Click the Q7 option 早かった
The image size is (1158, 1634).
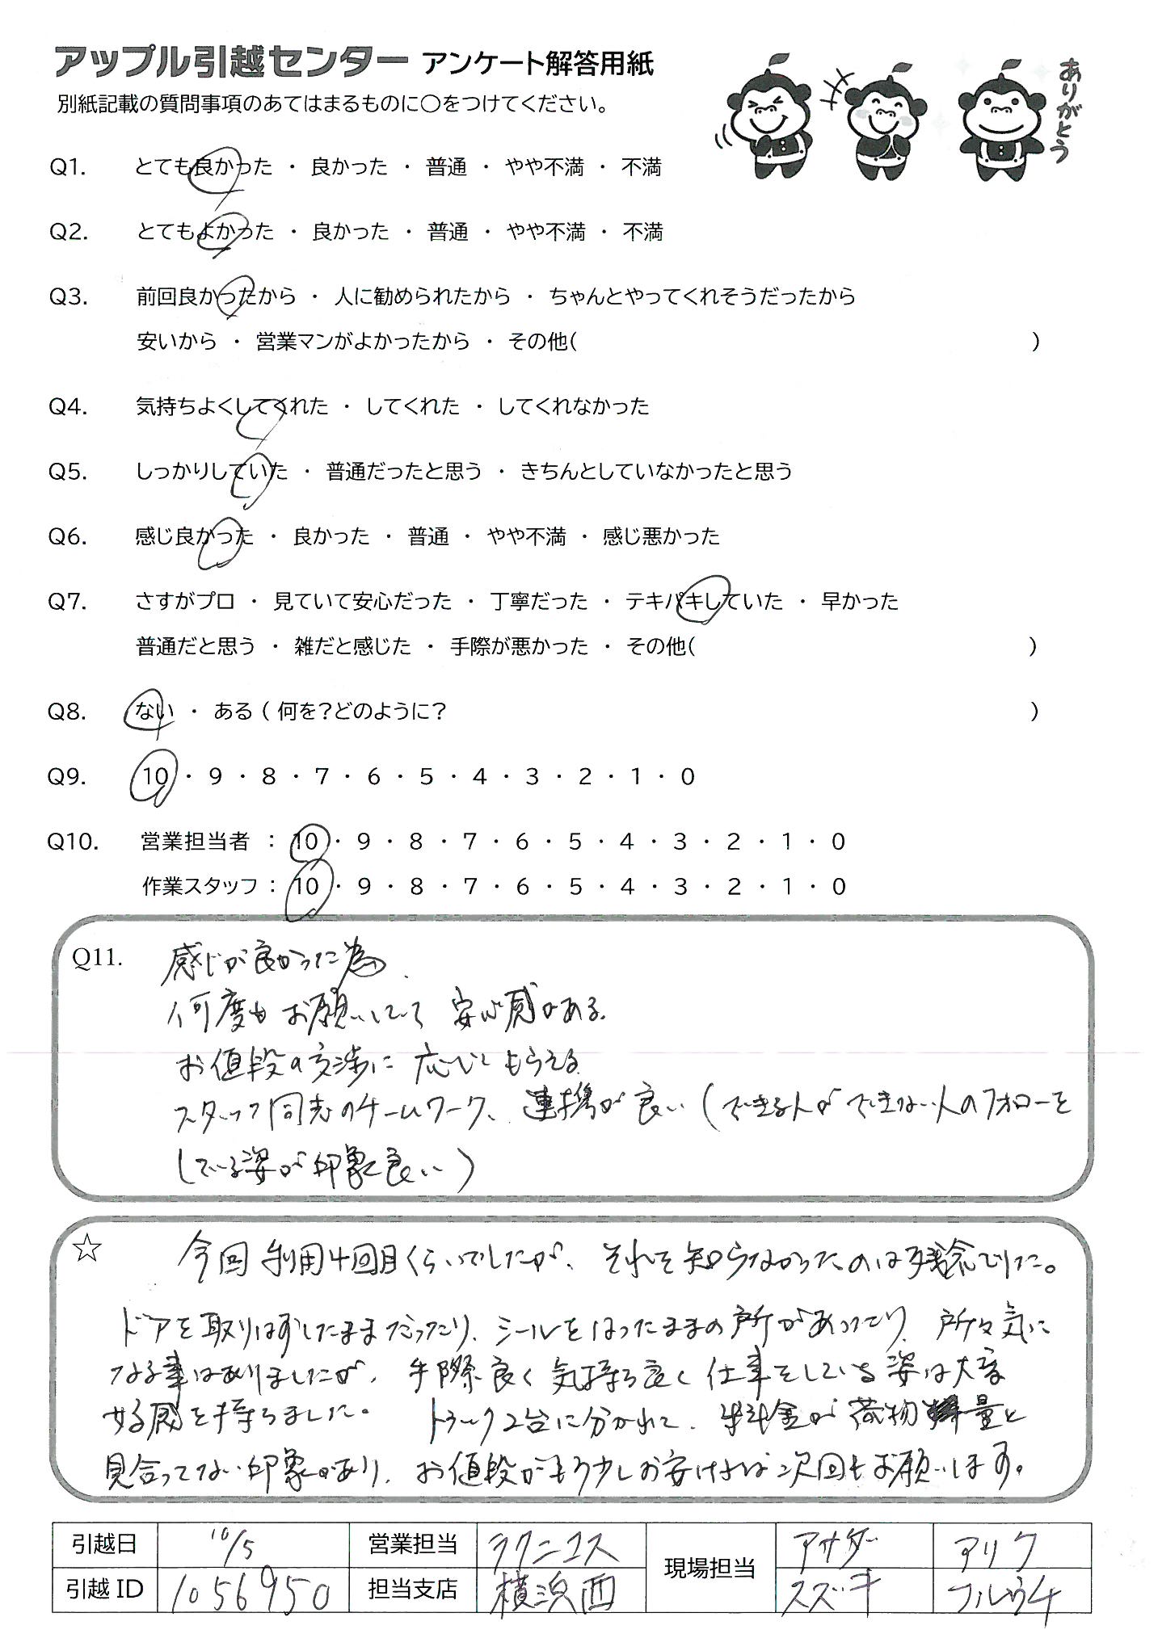click(x=859, y=602)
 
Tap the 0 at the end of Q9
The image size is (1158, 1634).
click(x=688, y=777)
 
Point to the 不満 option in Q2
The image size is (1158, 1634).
click(x=642, y=233)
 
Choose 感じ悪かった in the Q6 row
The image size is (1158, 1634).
click(x=661, y=537)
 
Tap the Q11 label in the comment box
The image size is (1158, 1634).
click(x=96, y=957)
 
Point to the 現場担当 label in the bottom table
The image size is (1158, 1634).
click(x=710, y=1569)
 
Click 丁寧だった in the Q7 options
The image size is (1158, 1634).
click(x=539, y=602)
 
